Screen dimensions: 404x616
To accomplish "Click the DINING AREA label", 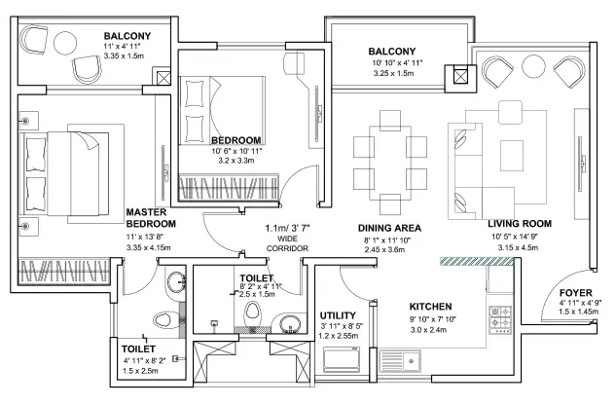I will coord(388,228).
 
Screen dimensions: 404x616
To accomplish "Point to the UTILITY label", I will coord(337,315).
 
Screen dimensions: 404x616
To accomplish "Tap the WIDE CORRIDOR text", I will coord(287,242).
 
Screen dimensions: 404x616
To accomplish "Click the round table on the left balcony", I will coord(67,43).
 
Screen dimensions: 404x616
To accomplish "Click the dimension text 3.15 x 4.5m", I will coord(519,246).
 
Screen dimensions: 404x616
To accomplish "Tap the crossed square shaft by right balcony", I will coord(454,77).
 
